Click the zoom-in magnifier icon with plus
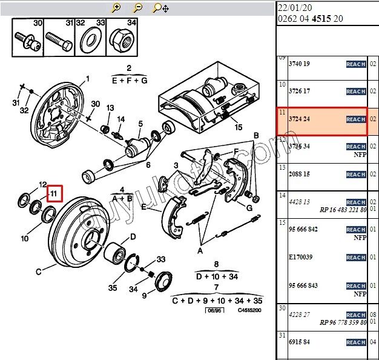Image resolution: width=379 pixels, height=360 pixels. click(x=116, y=8)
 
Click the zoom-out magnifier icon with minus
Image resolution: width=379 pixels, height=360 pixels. click(x=137, y=8)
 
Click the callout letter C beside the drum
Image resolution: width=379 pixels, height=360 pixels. click(x=39, y=271)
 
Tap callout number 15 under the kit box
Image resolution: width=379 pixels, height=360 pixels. click(x=238, y=127)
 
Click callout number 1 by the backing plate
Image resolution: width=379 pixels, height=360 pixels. click(x=87, y=78)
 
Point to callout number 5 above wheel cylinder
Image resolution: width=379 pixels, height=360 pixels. click(x=140, y=124)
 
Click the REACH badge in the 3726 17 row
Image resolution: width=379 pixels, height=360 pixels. click(x=355, y=92)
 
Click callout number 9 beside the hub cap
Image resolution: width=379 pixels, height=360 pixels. click(x=144, y=296)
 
